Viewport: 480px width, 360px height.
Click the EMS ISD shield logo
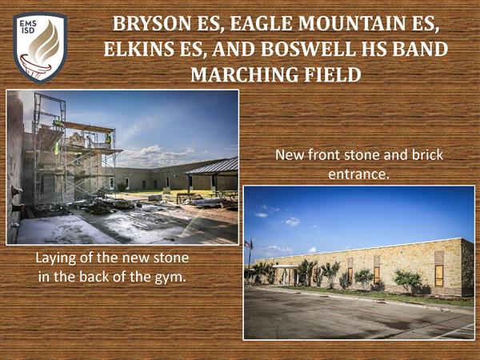(40, 47)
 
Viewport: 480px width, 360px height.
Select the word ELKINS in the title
(138, 49)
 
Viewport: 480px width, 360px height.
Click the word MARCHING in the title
(244, 74)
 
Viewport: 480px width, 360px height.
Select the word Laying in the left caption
(55, 258)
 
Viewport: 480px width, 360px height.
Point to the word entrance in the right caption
(358, 174)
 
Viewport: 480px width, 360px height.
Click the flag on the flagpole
(248, 244)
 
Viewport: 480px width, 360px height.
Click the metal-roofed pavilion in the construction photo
(213, 174)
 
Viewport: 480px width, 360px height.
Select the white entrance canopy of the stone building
(286, 267)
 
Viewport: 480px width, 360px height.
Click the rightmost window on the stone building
(439, 275)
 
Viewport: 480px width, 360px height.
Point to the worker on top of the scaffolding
(108, 138)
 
